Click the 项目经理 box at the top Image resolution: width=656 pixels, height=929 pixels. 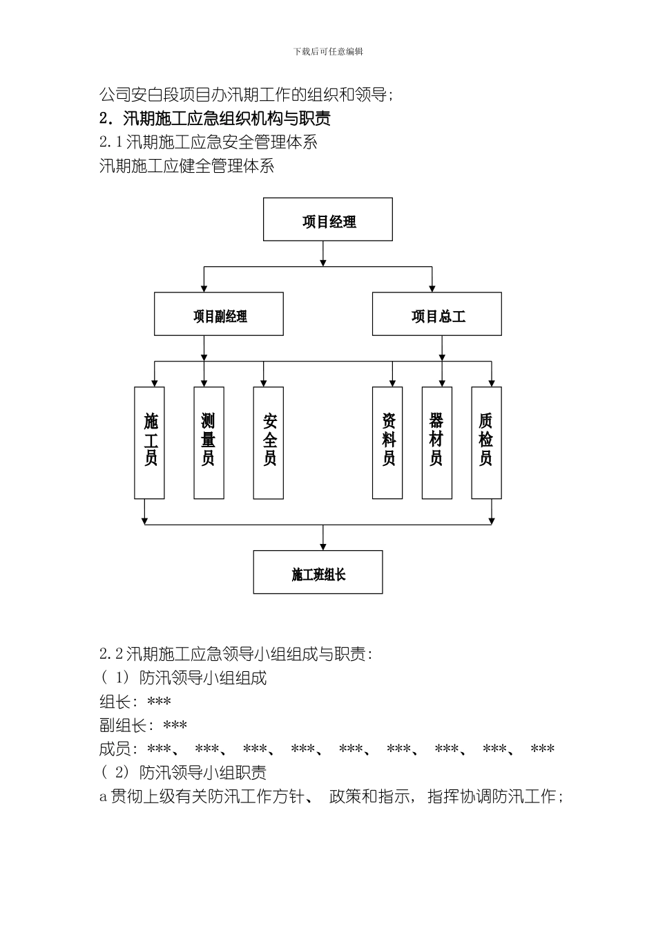tap(328, 220)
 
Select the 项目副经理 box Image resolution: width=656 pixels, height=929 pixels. tap(219, 315)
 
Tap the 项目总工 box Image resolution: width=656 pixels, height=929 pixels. tap(437, 315)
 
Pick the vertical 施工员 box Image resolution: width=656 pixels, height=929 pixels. tap(150, 442)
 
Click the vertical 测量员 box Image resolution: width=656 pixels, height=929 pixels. tap(209, 442)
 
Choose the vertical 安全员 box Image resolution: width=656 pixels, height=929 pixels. tap(269, 442)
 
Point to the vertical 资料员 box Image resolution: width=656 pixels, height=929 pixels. tap(387, 442)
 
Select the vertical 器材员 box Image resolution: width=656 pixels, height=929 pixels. tap(437, 442)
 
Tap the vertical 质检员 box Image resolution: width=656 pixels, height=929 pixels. tap(487, 442)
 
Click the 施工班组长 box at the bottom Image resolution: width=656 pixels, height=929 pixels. tap(318, 572)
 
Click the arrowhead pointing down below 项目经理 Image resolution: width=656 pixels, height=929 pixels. tap(323, 262)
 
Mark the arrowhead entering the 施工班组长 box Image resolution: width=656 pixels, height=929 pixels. tap(323, 547)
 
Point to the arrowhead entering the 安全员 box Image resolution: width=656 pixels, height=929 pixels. tap(263, 383)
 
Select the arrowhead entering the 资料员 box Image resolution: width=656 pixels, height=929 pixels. tap(392, 383)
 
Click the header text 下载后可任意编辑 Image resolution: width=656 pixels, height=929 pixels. tap(328, 52)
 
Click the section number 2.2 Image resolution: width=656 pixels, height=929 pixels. tap(111, 654)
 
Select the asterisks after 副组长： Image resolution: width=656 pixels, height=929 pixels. tap(175, 726)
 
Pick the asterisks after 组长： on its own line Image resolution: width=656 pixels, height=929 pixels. tap(160, 702)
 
